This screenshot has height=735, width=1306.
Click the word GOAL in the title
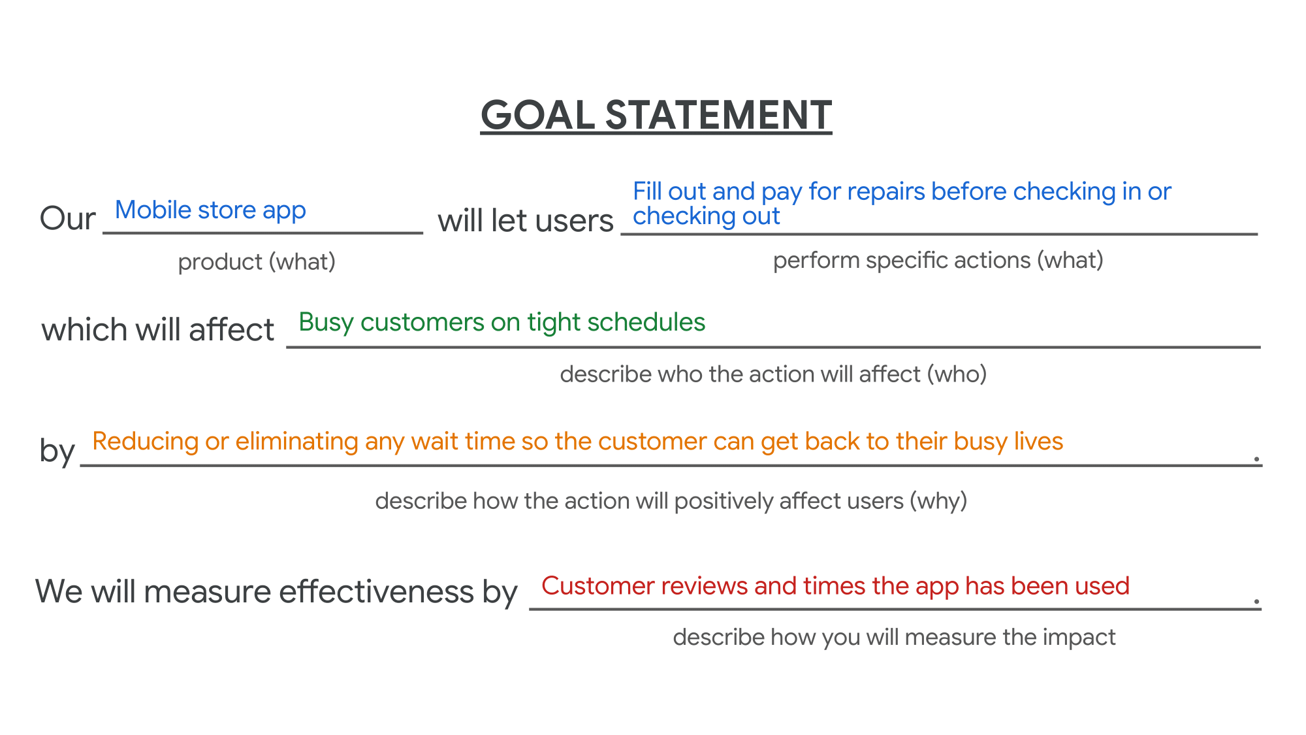(x=537, y=116)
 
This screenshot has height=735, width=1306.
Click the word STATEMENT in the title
(x=718, y=116)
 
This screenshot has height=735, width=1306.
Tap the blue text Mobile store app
(x=210, y=210)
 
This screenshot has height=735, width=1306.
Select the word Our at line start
(x=67, y=218)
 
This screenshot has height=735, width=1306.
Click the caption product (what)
(x=257, y=262)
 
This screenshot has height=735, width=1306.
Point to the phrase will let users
(x=525, y=221)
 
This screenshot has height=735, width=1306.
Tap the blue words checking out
(x=706, y=216)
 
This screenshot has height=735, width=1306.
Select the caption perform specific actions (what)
(x=938, y=261)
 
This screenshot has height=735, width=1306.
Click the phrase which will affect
(x=157, y=329)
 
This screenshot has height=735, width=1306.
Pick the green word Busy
(x=326, y=323)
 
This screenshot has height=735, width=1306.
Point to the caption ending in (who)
(x=773, y=374)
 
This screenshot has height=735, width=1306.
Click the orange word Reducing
(x=145, y=442)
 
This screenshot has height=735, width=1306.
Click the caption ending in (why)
(x=671, y=501)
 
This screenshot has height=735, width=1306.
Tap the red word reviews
(x=704, y=586)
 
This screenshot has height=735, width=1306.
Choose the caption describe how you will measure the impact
(x=894, y=637)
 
